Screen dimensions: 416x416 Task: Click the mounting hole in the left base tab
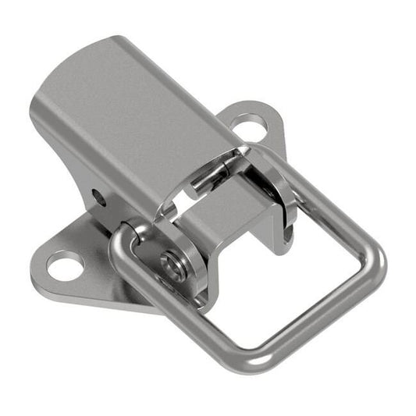pos(64,265)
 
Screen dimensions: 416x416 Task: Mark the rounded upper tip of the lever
pos(117,43)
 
